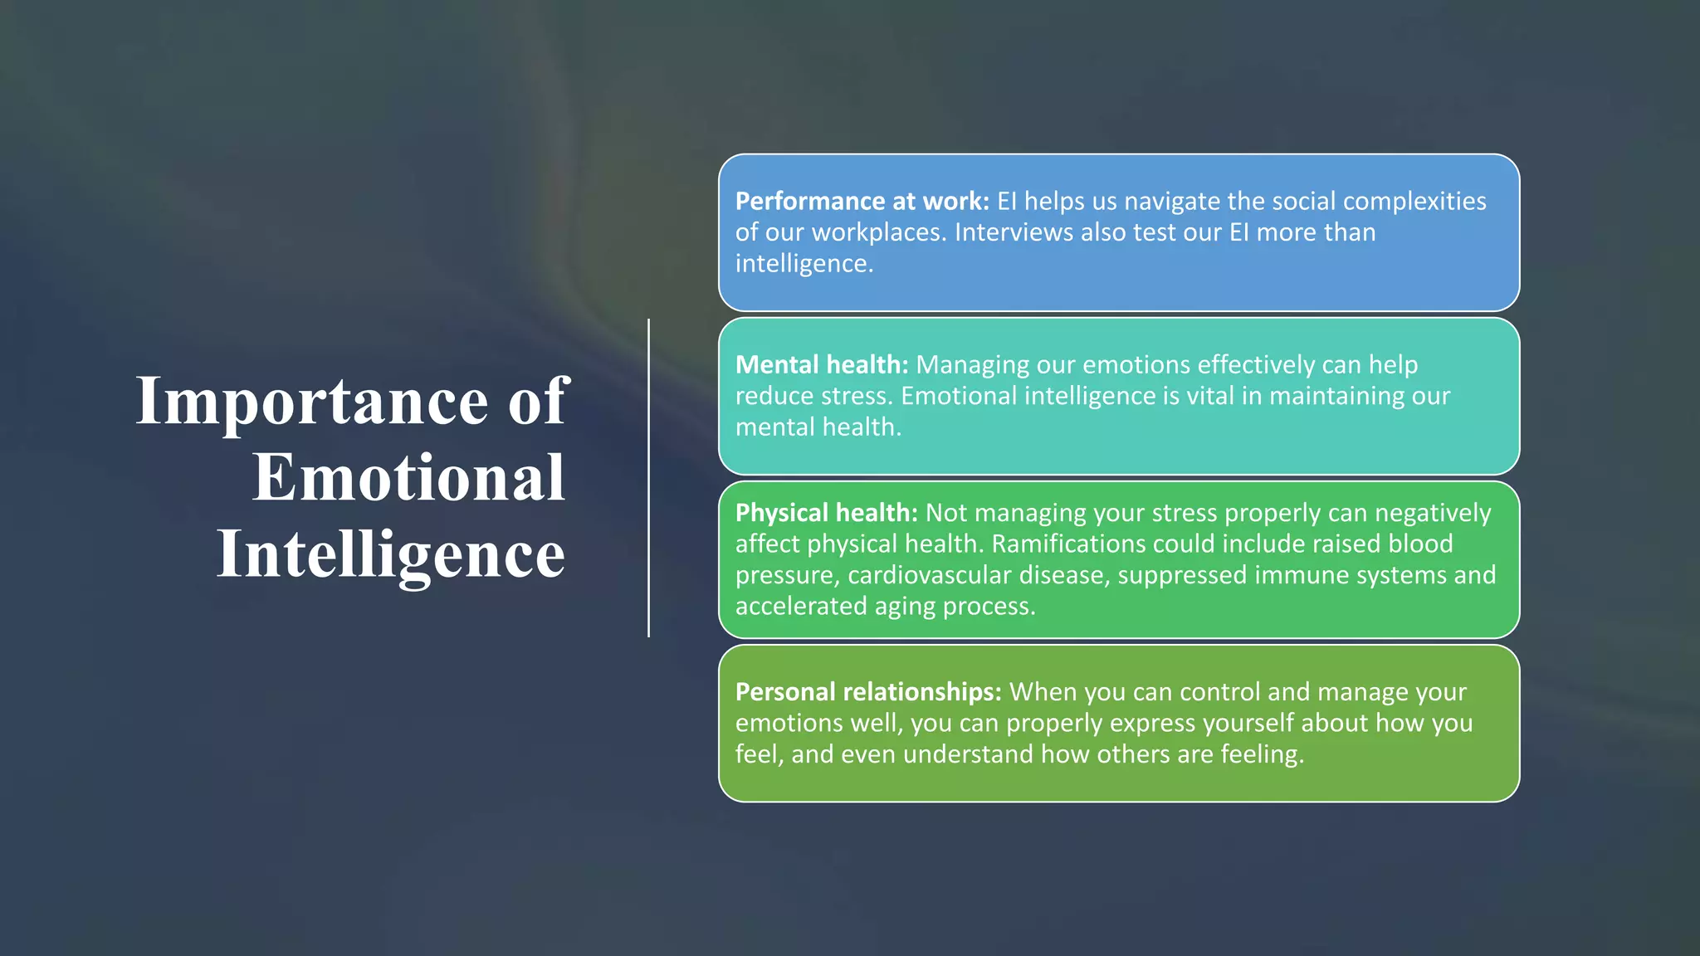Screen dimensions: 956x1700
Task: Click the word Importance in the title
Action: [312, 402]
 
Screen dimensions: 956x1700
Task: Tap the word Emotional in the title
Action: [408, 479]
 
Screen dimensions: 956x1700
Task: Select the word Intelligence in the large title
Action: [391, 555]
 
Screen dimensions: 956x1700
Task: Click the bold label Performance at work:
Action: [862, 202]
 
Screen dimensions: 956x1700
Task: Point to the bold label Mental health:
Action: [822, 365]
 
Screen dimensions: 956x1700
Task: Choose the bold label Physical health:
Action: [826, 513]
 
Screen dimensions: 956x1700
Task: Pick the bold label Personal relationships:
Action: [868, 692]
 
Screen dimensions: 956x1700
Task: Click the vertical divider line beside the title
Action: [648, 478]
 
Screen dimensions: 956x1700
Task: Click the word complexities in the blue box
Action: [1414, 202]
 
